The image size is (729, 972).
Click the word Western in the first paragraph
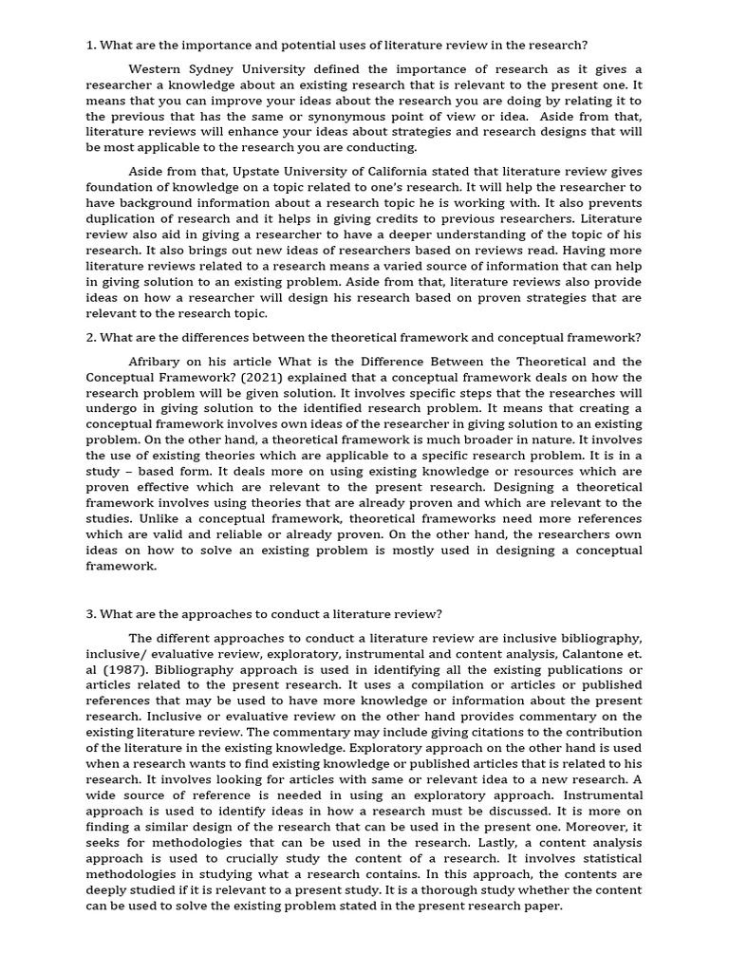159,69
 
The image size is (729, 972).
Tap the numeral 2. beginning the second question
92,337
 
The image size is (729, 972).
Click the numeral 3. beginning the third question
92,613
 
